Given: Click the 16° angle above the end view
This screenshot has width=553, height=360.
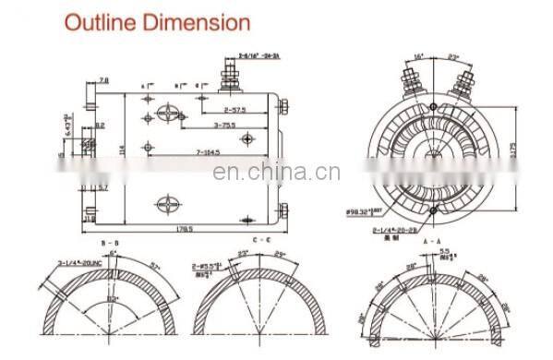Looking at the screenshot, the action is (418, 55).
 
